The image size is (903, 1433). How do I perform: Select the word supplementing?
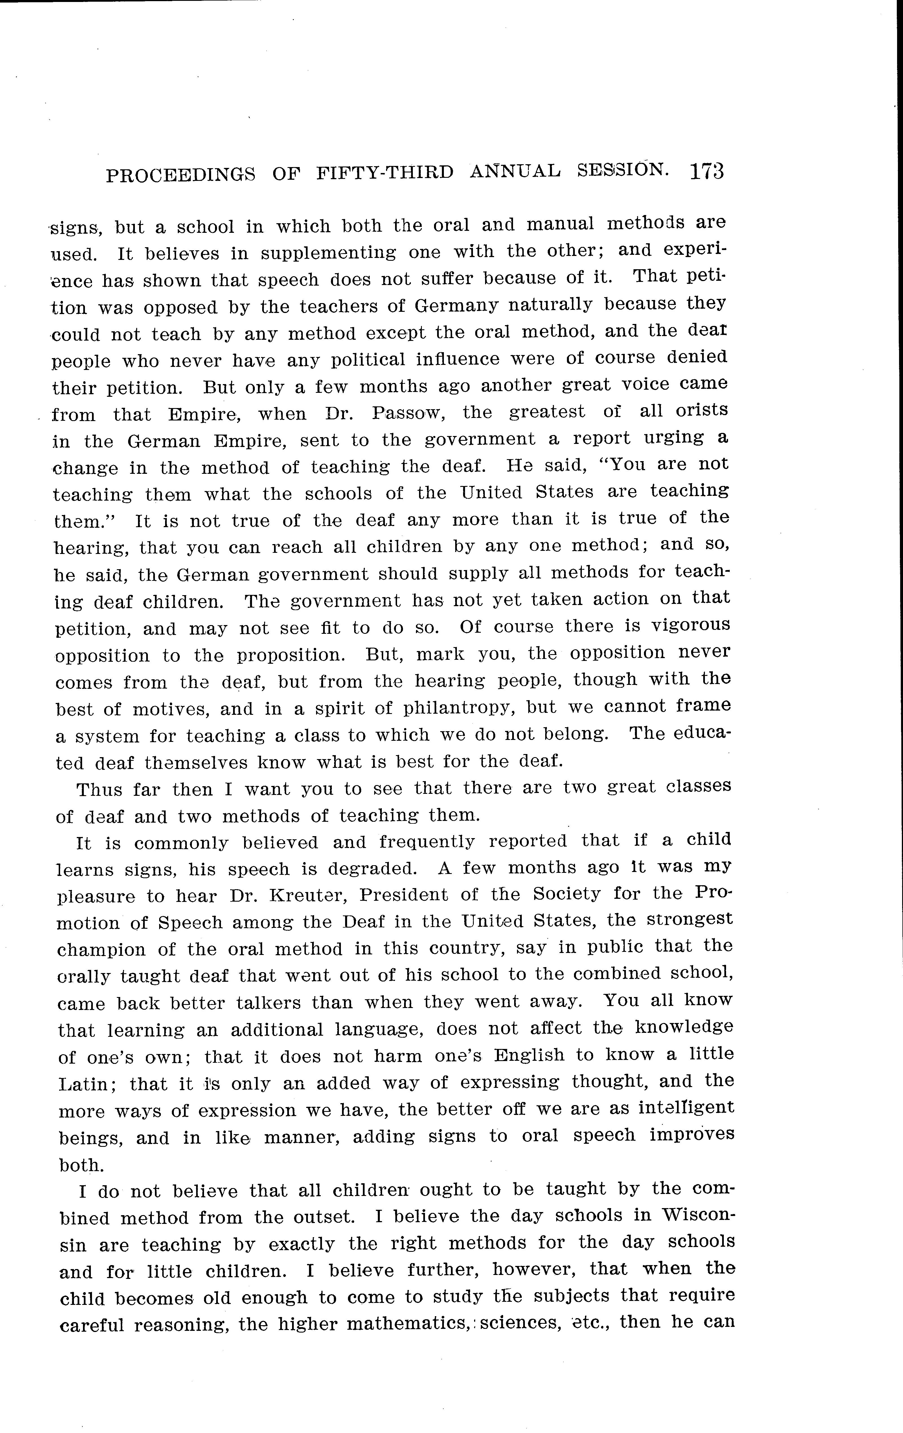point(328,252)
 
